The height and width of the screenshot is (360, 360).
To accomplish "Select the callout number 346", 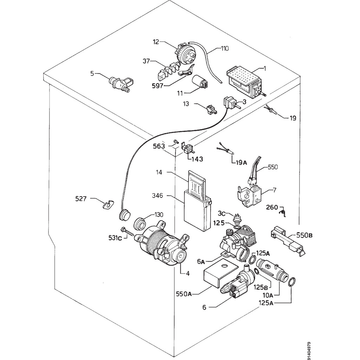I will pos(157,196).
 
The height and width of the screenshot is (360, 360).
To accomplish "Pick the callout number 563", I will pos(159,146).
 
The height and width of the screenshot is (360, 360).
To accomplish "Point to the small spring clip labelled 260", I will pos(284,212).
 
